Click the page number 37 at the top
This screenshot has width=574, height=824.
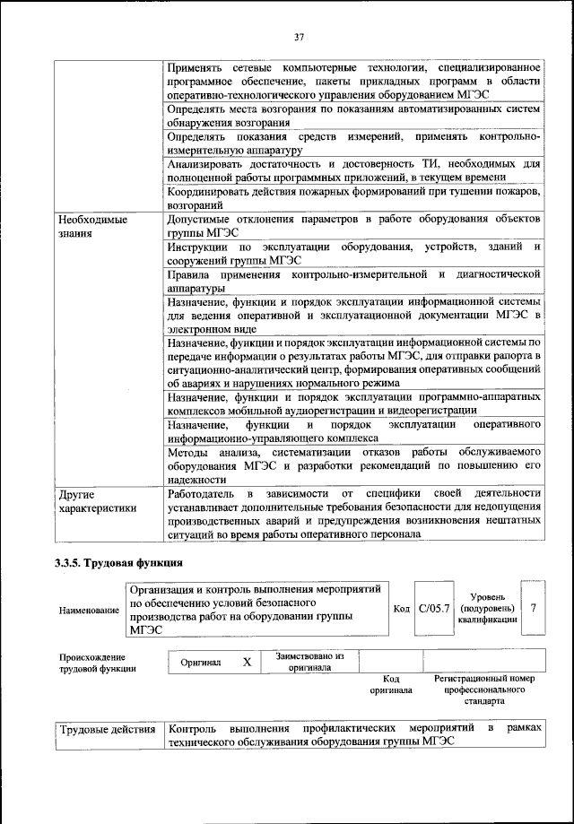point(300,37)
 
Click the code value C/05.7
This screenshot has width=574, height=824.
point(436,609)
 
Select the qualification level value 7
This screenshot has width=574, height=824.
point(533,609)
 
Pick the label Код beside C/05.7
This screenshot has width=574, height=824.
point(402,609)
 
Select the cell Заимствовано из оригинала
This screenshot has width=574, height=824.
point(309,662)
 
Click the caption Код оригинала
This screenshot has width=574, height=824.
point(390,685)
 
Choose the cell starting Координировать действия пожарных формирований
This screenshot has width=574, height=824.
point(353,199)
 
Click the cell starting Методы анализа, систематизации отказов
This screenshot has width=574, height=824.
point(353,465)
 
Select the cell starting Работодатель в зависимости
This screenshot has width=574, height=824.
point(353,514)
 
